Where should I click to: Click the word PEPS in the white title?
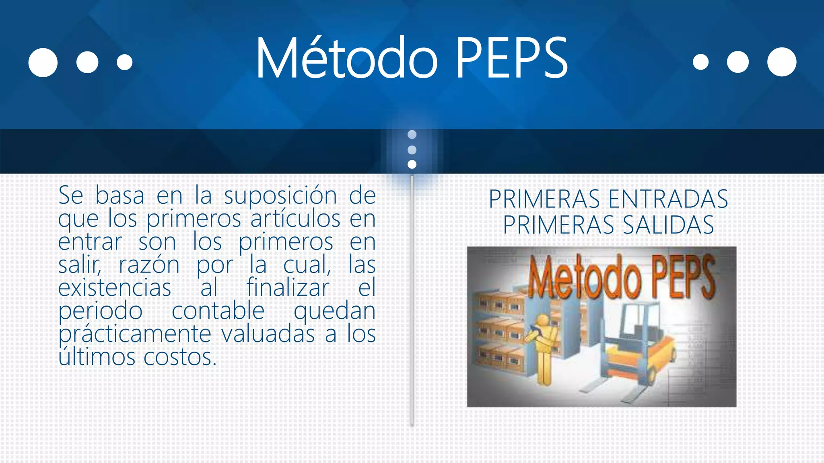[511, 58]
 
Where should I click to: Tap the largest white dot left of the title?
[43, 62]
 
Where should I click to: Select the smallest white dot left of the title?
[124, 62]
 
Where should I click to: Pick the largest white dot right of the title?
[781, 62]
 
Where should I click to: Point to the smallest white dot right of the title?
[700, 62]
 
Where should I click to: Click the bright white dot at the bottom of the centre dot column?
[412, 164]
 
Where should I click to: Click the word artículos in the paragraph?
[295, 219]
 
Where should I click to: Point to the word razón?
[149, 265]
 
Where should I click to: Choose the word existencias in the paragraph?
[115, 288]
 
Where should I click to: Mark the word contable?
[218, 311]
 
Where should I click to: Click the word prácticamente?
[135, 334]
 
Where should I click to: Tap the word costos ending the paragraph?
[180, 357]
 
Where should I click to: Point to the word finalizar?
[288, 288]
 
